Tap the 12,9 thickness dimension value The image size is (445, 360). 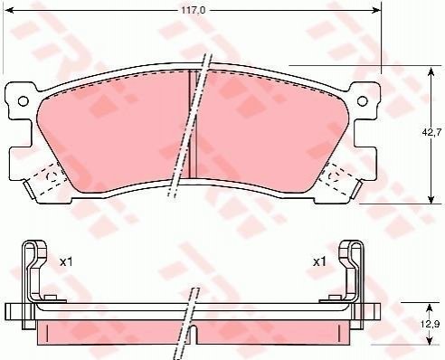pos(432,325)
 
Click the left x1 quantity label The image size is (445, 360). pos(66,262)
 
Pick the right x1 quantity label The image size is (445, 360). pos(319,262)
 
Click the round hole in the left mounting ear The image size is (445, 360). pos(23,101)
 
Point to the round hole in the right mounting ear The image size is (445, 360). pos(363,101)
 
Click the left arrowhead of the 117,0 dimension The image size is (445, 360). pos(10,10)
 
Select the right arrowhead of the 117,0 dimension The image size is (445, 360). pos(376,10)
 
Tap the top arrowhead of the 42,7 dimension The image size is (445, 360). pos(431,71)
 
